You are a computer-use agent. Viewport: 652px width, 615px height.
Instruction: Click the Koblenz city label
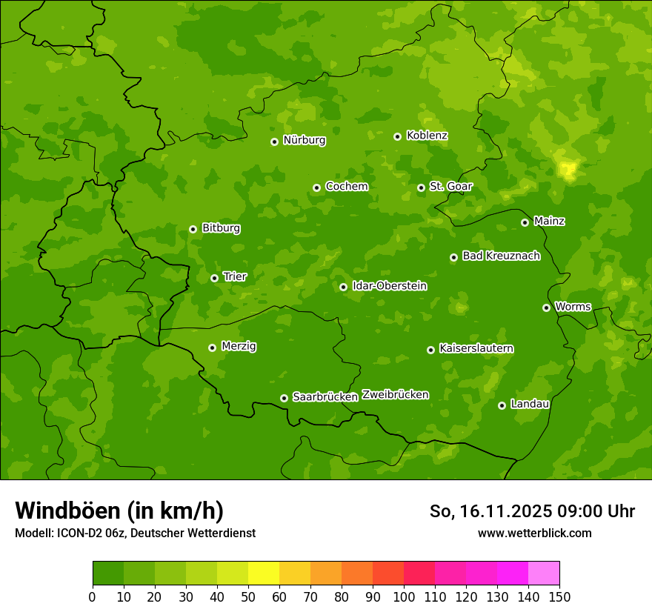click(427, 136)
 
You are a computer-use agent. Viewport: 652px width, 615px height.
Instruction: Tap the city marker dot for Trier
click(215, 279)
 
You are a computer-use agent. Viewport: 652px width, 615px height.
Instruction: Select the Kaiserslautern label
click(476, 348)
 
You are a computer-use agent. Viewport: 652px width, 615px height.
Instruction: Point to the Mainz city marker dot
click(525, 222)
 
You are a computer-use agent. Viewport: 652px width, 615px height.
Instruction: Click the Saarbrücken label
click(325, 396)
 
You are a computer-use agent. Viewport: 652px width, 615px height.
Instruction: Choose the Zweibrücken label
click(395, 394)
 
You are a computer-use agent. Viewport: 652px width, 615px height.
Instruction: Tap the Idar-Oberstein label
click(389, 285)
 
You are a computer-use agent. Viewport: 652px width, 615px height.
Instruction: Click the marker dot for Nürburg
click(274, 142)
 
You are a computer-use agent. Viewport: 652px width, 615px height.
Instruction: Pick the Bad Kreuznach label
click(501, 256)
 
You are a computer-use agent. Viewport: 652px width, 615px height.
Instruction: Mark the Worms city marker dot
click(546, 307)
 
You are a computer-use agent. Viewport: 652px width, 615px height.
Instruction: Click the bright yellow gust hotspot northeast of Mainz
click(568, 170)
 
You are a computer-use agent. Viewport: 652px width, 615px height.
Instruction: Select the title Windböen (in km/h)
click(119, 511)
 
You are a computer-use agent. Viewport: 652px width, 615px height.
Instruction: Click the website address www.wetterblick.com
click(534, 533)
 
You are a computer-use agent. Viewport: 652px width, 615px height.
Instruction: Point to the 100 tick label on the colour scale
click(404, 596)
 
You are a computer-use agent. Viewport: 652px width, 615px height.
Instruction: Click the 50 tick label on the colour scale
click(248, 596)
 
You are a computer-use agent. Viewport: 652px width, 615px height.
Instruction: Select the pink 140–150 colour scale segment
click(544, 574)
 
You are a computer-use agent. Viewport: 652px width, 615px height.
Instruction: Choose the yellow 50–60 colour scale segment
click(264, 574)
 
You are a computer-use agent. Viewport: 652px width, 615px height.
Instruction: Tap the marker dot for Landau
click(502, 405)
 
